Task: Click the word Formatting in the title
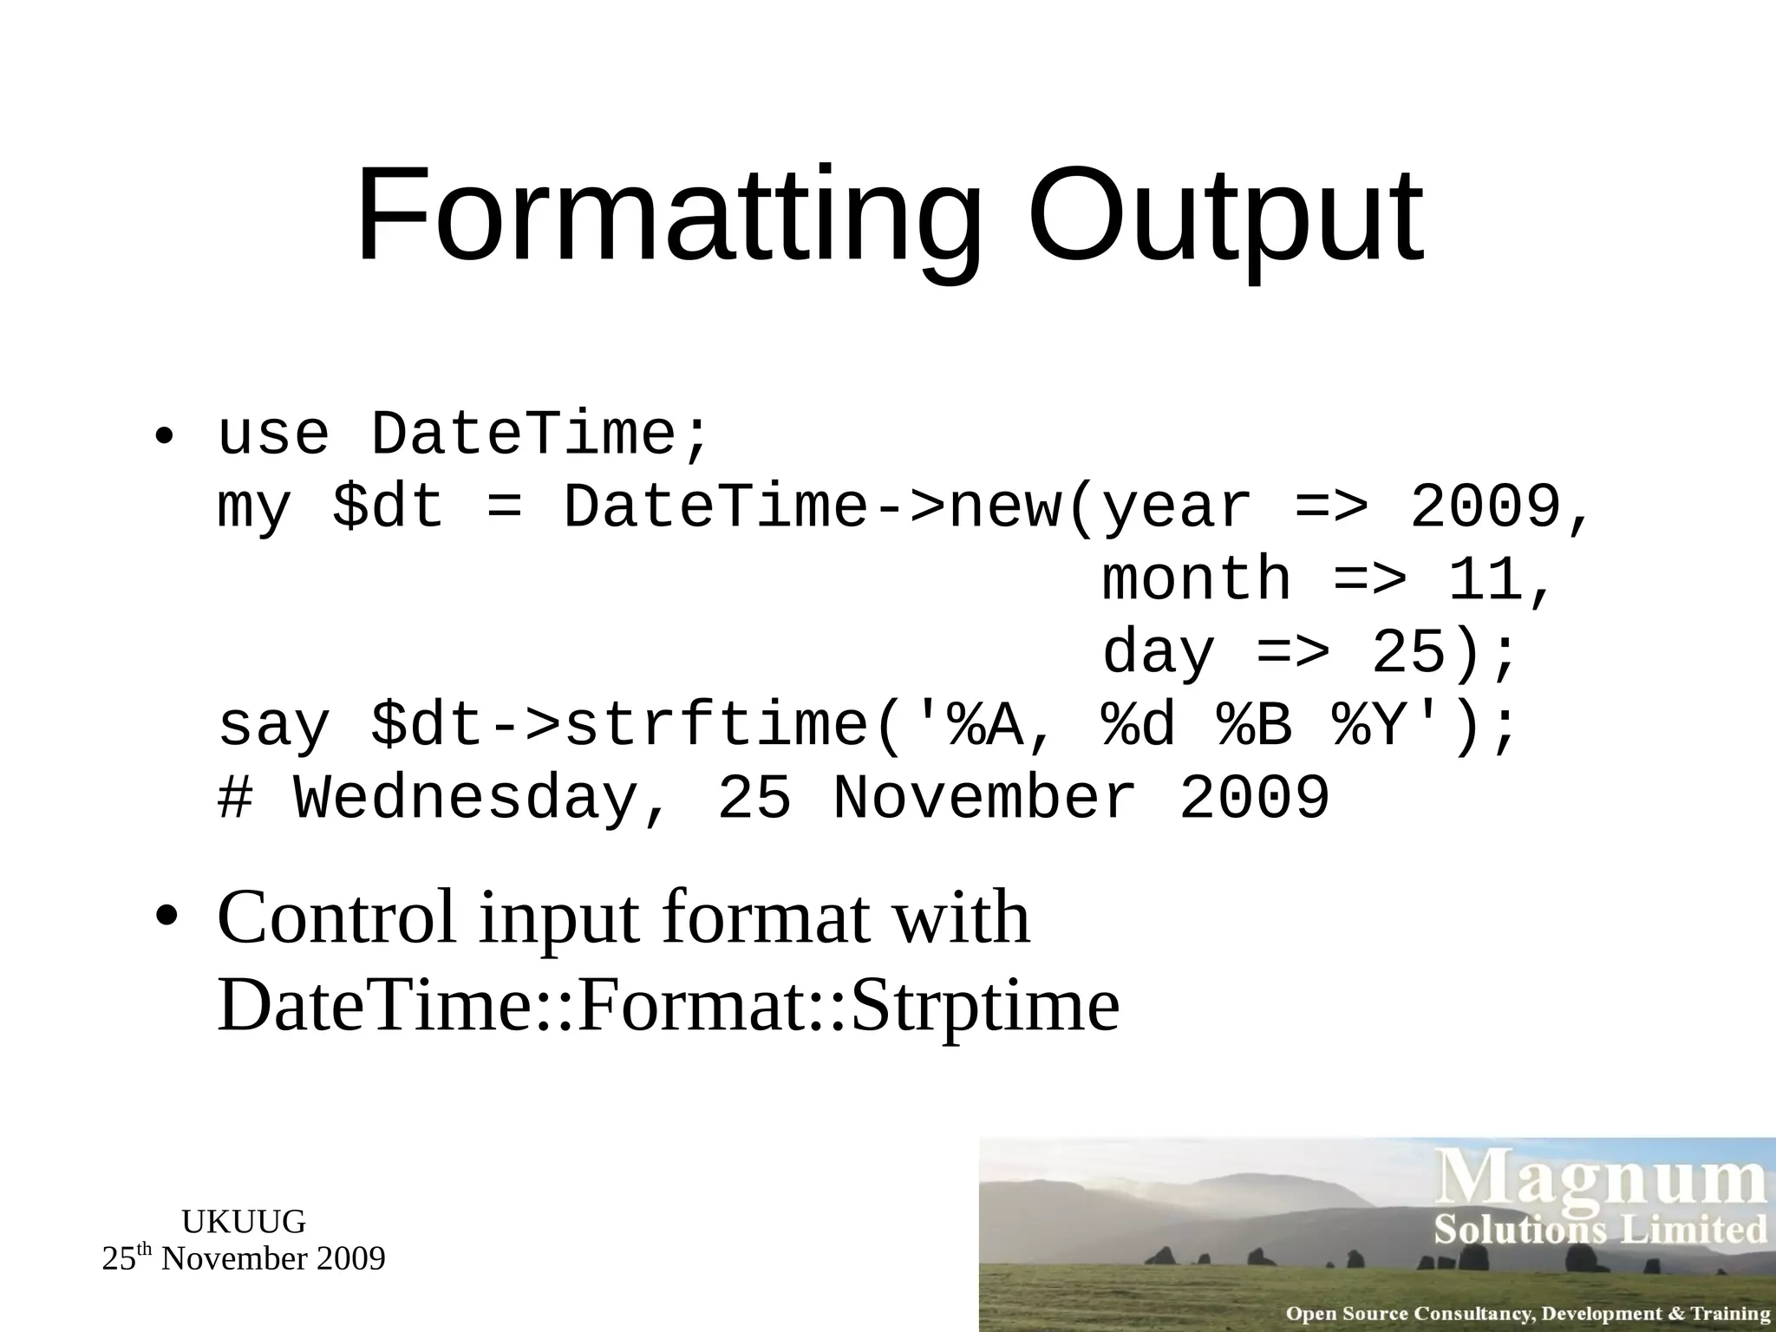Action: (x=668, y=217)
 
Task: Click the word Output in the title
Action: (x=1225, y=217)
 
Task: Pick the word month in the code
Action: (x=1197, y=579)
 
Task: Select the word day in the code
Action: (x=1159, y=652)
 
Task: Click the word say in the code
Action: (x=273, y=727)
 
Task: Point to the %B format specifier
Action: (x=1255, y=725)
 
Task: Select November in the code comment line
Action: (x=984, y=798)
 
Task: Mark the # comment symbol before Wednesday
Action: (x=234, y=798)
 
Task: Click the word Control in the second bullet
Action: (x=336, y=917)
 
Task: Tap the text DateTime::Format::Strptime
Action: (x=668, y=1007)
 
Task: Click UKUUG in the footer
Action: (x=244, y=1222)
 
